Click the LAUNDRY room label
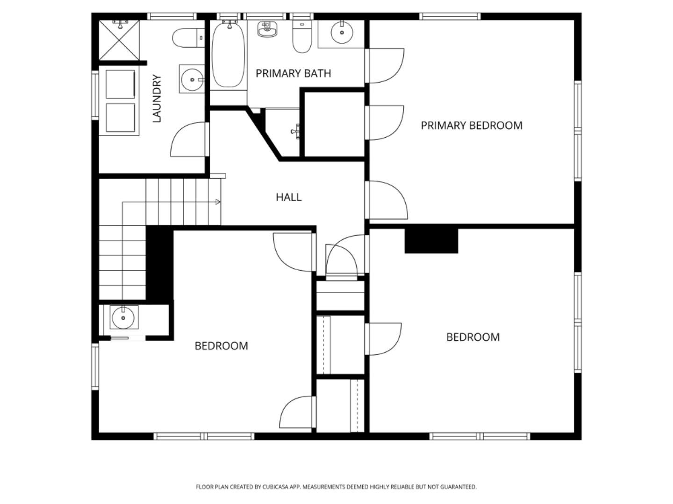tap(157, 98)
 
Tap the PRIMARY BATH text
tap(293, 73)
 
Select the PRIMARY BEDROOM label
tap(471, 126)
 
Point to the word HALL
tap(288, 197)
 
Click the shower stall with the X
tap(120, 40)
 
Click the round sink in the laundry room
tap(192, 79)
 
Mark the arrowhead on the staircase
tap(218, 202)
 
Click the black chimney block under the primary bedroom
tap(431, 241)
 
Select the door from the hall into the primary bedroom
tap(387, 200)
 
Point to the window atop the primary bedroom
tap(450, 16)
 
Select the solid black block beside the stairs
tap(159, 262)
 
